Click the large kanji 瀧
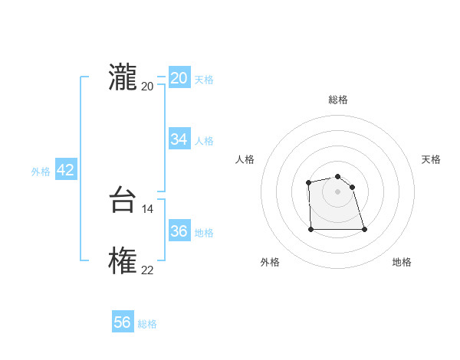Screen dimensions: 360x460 123,78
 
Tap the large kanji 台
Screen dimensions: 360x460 123,201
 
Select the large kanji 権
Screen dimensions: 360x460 123,262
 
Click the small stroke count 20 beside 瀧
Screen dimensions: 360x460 147,86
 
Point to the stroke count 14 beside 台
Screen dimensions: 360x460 148,208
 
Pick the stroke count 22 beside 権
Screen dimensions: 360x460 147,270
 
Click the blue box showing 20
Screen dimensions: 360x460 179,78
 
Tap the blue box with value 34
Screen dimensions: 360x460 179,139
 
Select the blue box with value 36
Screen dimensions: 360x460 179,231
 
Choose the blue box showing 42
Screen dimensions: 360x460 66,170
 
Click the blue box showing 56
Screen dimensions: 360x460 123,322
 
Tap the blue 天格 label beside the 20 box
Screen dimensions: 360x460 204,80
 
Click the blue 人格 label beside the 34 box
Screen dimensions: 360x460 204,141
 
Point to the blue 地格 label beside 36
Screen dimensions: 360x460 204,233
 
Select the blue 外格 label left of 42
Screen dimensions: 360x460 41,172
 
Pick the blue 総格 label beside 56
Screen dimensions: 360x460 147,324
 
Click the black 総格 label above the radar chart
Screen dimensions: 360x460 338,100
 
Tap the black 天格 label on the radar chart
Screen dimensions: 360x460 432,159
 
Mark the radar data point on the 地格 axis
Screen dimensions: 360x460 364,229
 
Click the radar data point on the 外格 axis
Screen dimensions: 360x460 311,228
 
